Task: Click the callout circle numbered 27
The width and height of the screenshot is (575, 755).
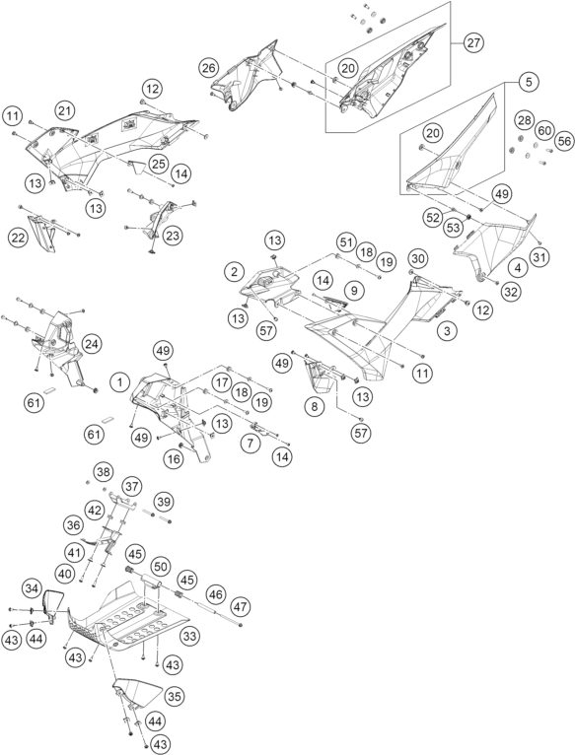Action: point(473,42)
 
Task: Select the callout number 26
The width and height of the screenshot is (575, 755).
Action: point(209,68)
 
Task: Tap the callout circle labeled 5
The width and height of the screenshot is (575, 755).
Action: point(529,82)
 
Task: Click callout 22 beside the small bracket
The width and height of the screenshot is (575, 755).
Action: point(18,238)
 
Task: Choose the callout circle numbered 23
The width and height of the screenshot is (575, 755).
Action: point(172,236)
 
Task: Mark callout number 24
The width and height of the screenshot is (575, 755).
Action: point(92,344)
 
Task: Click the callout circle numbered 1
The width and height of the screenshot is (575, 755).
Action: point(120,382)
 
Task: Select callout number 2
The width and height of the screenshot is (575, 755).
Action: point(235,272)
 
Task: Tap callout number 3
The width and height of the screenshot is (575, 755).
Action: point(447,331)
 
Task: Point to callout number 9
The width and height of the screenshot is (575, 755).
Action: point(355,291)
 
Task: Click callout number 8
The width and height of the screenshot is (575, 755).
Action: point(315,407)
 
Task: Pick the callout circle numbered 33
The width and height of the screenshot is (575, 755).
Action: point(189,637)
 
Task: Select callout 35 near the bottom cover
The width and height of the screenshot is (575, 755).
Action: point(174,696)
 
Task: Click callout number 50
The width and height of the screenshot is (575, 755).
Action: point(161,567)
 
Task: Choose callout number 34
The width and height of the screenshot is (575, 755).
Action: point(33,587)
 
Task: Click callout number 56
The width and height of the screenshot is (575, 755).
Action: point(564,141)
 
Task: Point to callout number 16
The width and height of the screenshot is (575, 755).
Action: point(174,459)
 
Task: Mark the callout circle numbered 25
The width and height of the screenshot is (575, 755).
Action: point(158,164)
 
